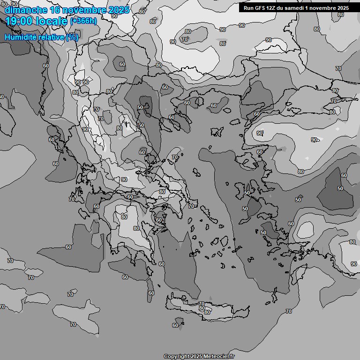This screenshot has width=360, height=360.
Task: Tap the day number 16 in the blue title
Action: tap(55, 9)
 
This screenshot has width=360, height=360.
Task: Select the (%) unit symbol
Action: tap(72, 37)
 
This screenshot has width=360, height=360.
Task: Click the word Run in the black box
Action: tap(248, 8)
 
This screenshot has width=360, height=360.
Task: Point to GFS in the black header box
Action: tap(260, 8)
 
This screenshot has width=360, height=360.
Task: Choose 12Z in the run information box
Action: tap(272, 8)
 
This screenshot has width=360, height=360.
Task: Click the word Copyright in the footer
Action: tap(176, 356)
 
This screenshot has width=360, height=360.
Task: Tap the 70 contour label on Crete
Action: tap(202, 304)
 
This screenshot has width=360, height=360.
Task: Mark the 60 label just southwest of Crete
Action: tap(175, 325)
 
